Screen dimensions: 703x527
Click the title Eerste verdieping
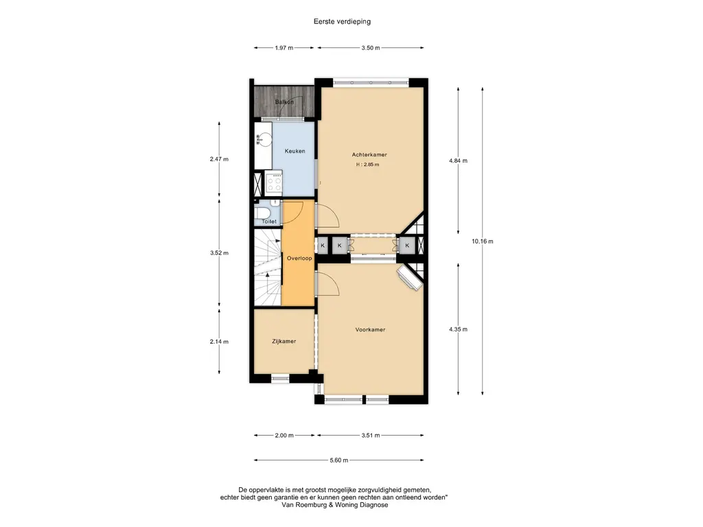click(x=342, y=21)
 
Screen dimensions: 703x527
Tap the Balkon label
click(x=284, y=102)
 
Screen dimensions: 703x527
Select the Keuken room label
click(x=295, y=151)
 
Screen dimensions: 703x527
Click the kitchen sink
click(x=264, y=139)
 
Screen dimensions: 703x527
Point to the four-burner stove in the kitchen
click(x=273, y=183)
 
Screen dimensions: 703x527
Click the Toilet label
click(x=269, y=222)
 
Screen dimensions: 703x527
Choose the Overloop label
click(x=299, y=258)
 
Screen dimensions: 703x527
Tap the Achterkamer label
click(x=369, y=154)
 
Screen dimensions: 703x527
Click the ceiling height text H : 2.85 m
click(x=368, y=165)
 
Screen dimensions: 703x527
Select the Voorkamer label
click(x=370, y=329)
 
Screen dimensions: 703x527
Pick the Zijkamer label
click(x=284, y=341)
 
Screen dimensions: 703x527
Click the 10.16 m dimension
click(x=483, y=241)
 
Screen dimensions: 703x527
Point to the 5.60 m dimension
click(x=339, y=460)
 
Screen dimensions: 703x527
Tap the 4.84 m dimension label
click(x=458, y=161)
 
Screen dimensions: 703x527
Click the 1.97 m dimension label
click(x=284, y=48)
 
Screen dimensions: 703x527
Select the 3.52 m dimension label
click(x=219, y=253)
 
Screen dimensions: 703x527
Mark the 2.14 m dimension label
click(x=219, y=342)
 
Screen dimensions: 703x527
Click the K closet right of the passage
click(x=407, y=246)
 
